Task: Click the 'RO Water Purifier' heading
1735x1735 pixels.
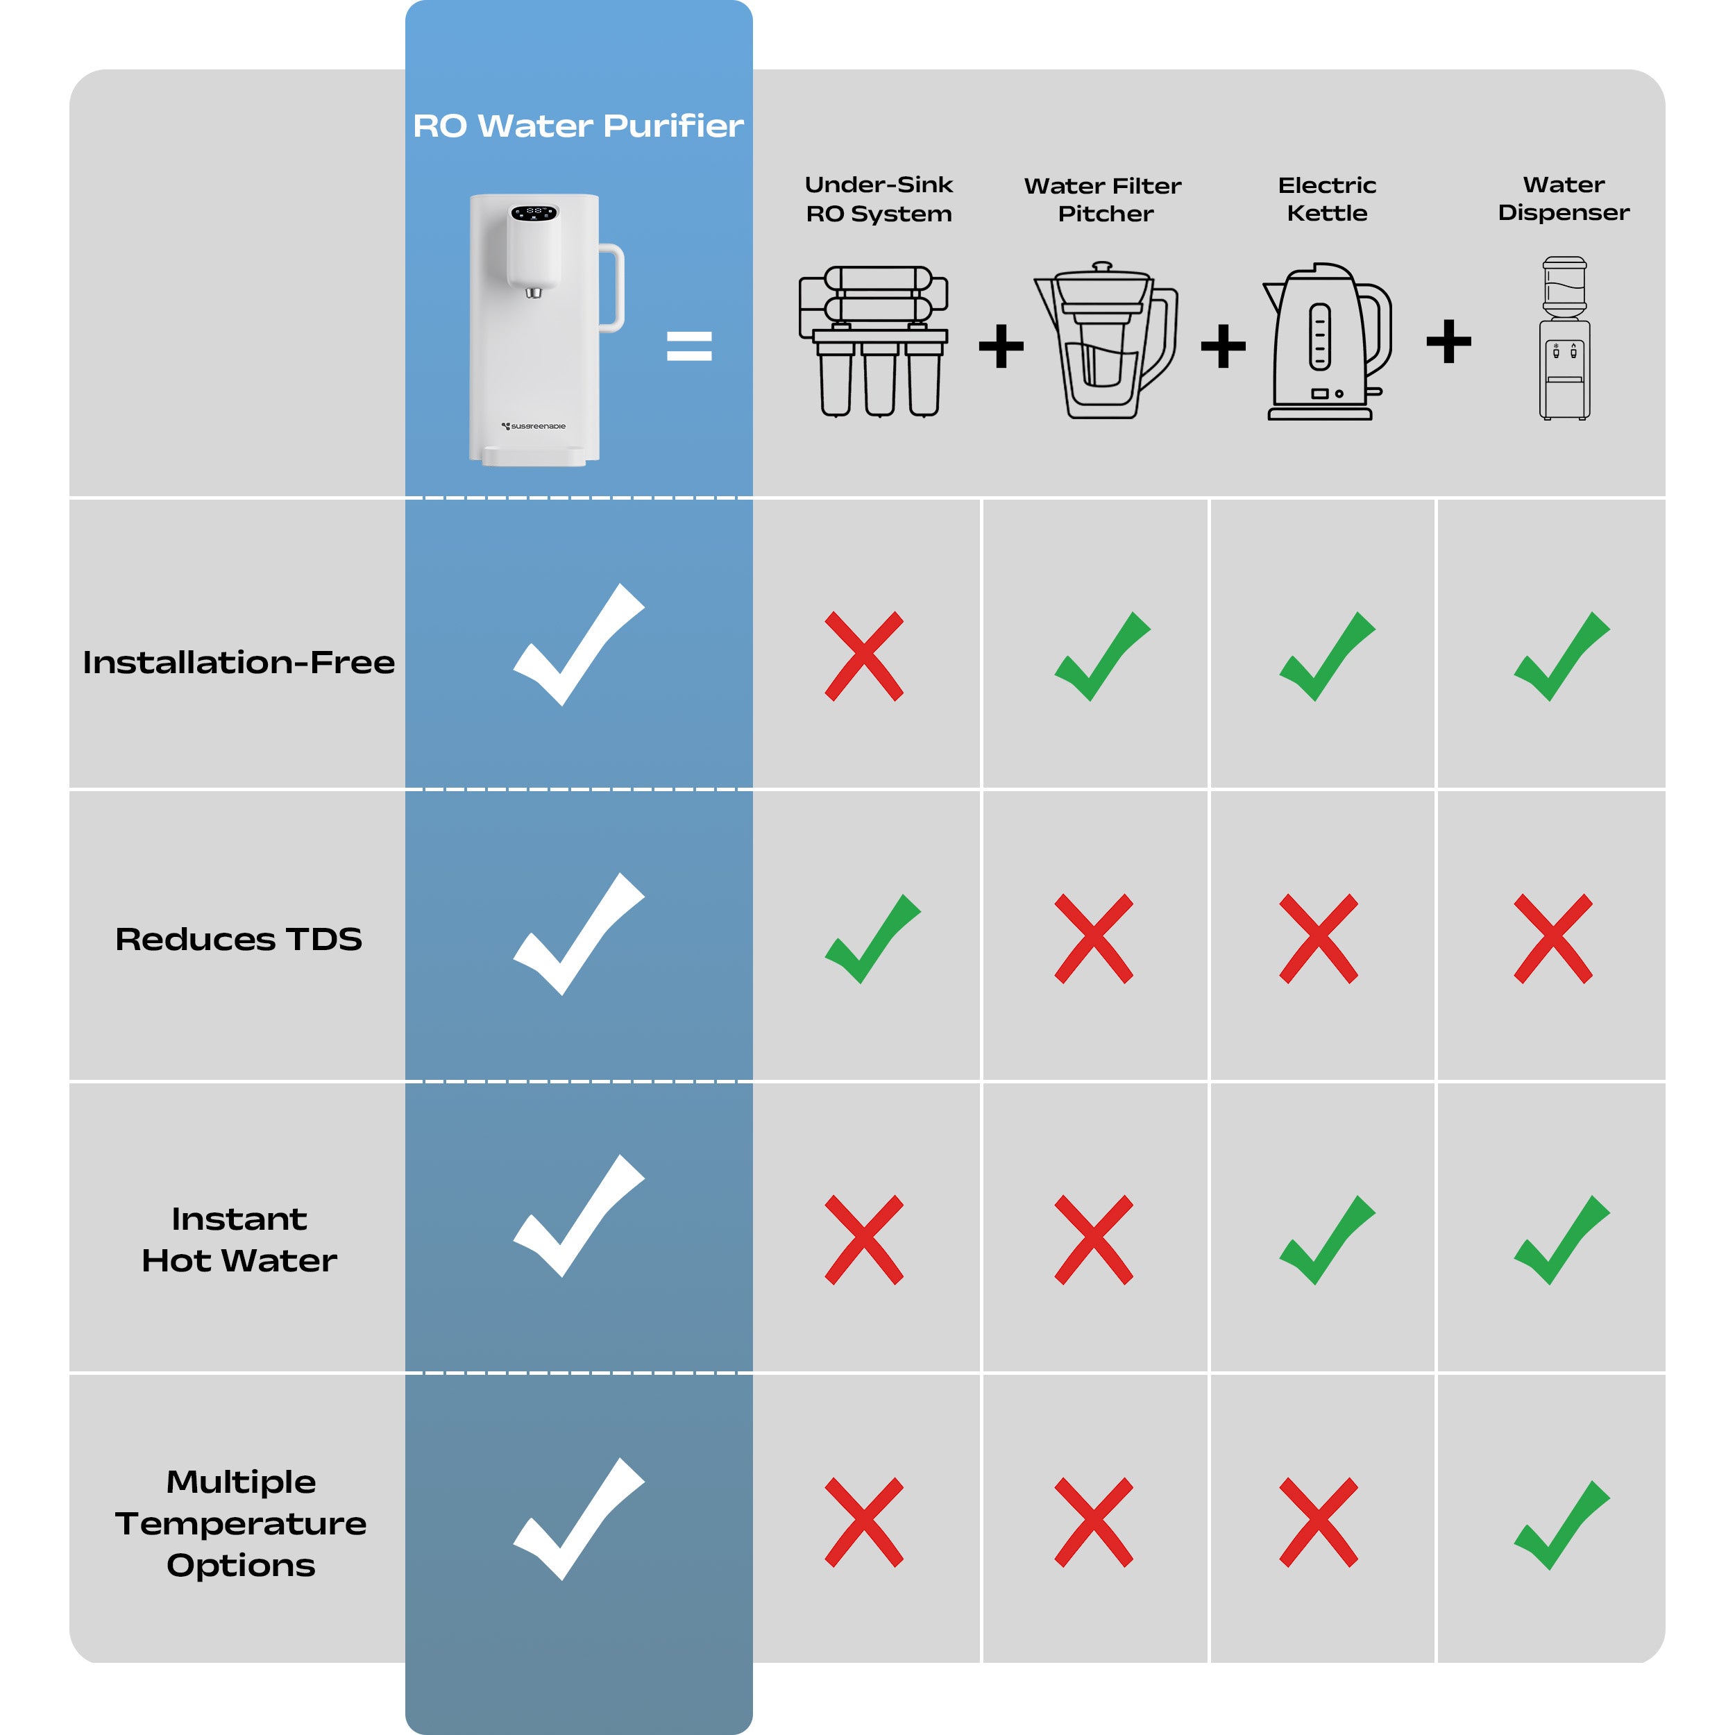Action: (x=578, y=126)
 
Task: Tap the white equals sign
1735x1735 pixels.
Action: (x=688, y=346)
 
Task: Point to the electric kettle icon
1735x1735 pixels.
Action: (x=1328, y=341)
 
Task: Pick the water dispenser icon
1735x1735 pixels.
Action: (x=1564, y=338)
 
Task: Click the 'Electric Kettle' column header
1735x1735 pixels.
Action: (x=1328, y=198)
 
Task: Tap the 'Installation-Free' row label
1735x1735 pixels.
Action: (x=239, y=662)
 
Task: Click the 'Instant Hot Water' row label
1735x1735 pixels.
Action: (x=239, y=1239)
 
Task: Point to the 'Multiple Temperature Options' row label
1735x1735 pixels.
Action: (x=241, y=1523)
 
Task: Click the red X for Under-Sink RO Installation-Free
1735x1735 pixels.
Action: (x=864, y=657)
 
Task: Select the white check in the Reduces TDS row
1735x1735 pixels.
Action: (x=578, y=934)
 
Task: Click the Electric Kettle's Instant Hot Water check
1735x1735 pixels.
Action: (x=1328, y=1240)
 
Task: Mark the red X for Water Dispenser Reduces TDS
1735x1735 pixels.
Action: (x=1554, y=938)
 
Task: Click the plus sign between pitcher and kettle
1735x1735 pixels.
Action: (x=1223, y=346)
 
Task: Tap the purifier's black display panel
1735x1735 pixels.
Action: (x=534, y=213)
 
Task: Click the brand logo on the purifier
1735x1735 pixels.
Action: (x=534, y=427)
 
